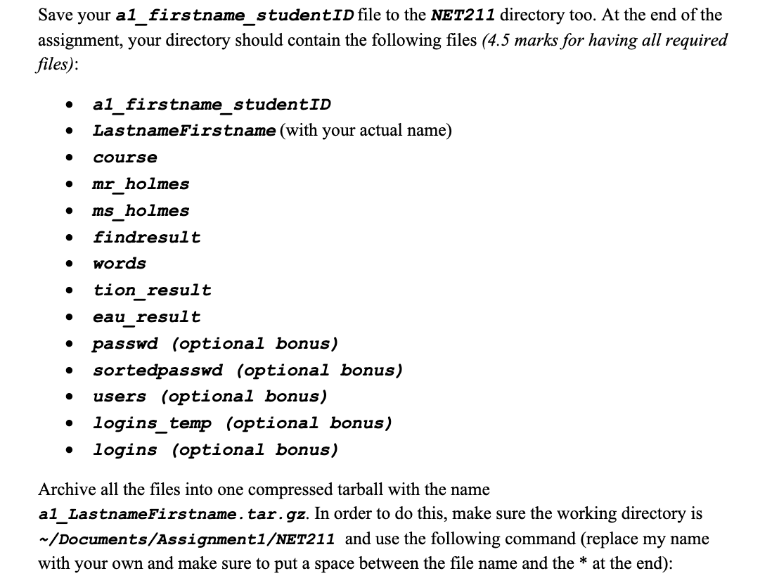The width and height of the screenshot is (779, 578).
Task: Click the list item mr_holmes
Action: click(141, 184)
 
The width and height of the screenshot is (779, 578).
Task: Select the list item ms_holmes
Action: click(141, 211)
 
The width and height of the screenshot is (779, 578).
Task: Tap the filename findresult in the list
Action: click(146, 238)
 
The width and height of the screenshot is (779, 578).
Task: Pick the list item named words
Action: click(120, 264)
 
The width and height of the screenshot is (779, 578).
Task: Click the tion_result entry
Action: click(152, 290)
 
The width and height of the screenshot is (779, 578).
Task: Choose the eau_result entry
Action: click(146, 317)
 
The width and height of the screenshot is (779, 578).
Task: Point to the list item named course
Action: click(125, 158)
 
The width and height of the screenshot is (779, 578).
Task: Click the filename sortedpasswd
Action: click(157, 370)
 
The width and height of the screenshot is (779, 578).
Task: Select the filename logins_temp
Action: click(152, 423)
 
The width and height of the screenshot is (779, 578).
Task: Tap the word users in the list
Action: click(120, 397)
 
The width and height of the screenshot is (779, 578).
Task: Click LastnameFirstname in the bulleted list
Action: click(184, 131)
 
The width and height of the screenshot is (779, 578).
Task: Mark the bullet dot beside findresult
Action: click(69, 238)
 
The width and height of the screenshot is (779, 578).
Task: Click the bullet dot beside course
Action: click(69, 158)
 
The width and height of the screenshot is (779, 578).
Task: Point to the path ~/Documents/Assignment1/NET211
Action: click(186, 540)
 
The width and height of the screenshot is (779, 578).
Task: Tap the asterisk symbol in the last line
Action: click(583, 564)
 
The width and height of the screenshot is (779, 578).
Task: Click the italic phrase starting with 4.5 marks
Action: click(605, 40)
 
